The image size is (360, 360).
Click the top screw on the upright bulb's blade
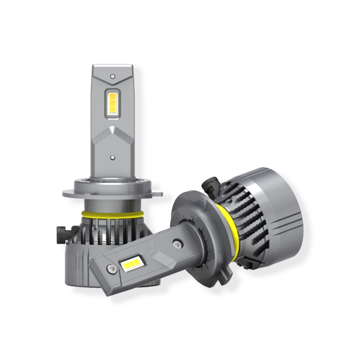click(112, 76)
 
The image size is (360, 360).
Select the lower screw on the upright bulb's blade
click(112, 158)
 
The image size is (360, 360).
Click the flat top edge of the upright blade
click(112, 66)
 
